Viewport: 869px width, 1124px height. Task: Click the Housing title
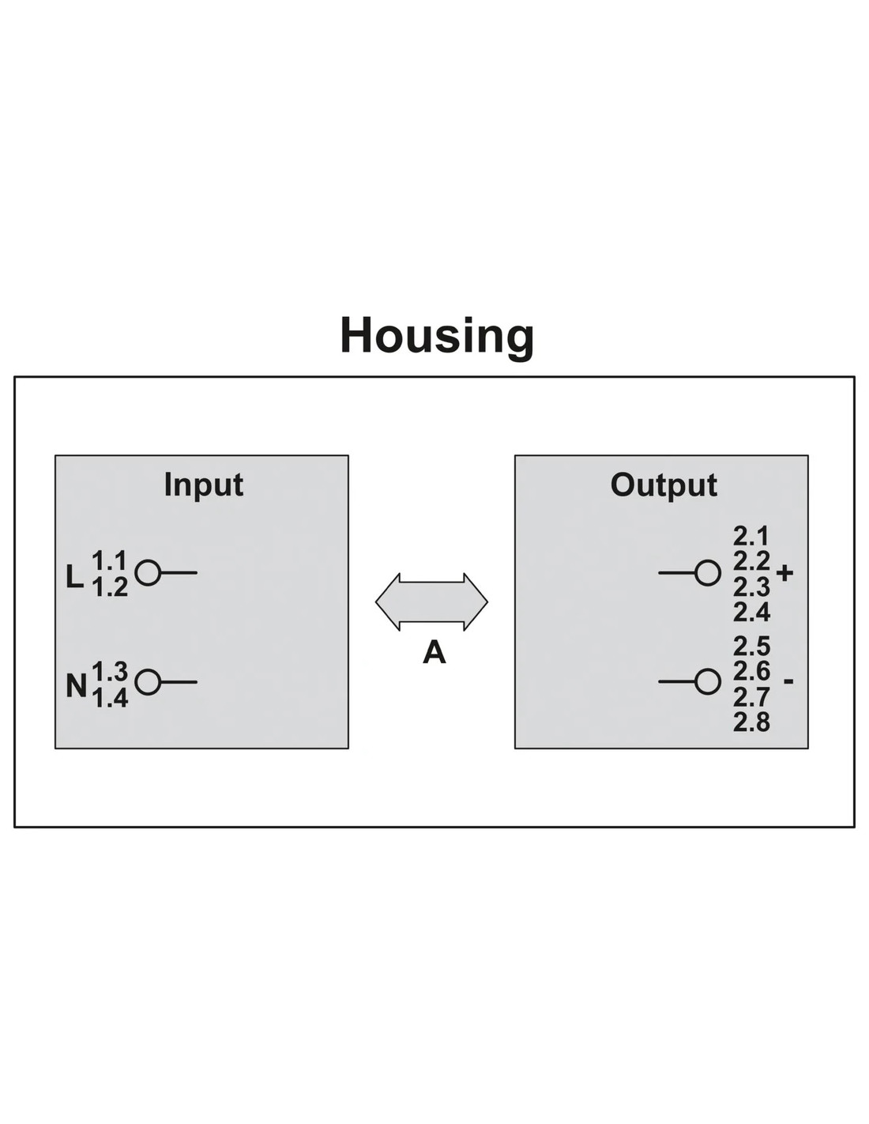(437, 338)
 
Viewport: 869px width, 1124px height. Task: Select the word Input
(204, 485)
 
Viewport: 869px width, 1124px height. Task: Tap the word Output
(664, 485)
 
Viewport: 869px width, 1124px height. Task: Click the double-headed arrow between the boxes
(431, 602)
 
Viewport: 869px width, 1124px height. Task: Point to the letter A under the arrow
(434, 652)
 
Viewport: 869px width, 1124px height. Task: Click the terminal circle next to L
(148, 572)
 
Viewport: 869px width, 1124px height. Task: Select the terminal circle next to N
(148, 681)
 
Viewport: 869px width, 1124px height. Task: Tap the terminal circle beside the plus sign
(708, 572)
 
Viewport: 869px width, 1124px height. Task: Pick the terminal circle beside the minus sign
(708, 681)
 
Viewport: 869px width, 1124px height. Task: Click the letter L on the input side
(75, 576)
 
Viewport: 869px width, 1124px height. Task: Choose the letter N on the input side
(76, 686)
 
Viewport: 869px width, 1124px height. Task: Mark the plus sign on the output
(784, 572)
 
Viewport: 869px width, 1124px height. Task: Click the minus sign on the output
(788, 681)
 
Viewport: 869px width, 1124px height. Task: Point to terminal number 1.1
(110, 560)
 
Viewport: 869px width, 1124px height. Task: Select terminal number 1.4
(110, 699)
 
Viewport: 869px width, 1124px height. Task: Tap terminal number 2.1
(751, 537)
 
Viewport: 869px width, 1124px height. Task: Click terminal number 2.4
(751, 613)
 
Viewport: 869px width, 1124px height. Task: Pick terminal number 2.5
(751, 647)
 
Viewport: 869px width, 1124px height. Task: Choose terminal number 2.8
(751, 722)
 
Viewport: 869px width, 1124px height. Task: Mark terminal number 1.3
(110, 671)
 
